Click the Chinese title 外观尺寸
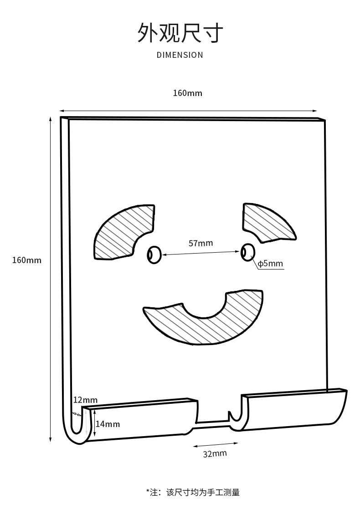click(x=180, y=33)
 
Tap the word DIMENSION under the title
click(x=180, y=55)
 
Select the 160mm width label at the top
click(x=187, y=93)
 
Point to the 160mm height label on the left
click(x=26, y=260)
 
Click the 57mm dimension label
click(x=201, y=243)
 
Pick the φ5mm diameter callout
click(x=270, y=264)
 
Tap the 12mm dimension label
click(x=85, y=400)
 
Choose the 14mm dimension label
click(x=108, y=424)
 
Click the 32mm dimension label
click(x=215, y=453)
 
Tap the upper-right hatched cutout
click(x=267, y=221)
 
